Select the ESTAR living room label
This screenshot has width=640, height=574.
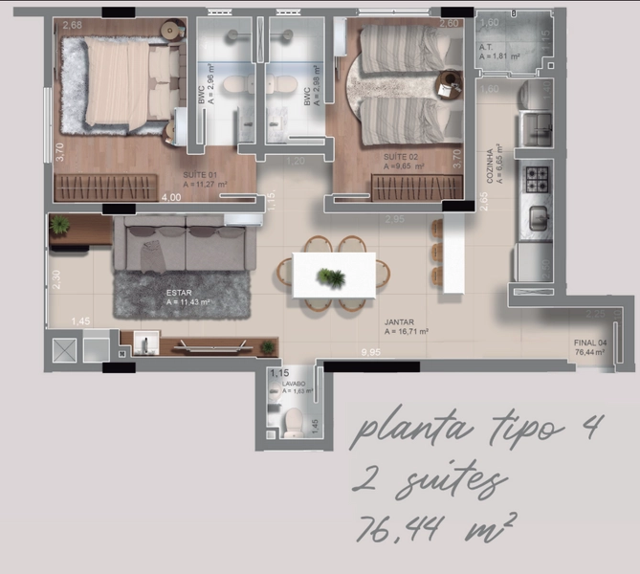tap(179, 293)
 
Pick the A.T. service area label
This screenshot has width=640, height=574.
tap(488, 49)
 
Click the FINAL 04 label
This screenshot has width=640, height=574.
tap(589, 342)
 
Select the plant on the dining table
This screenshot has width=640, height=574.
tap(331, 277)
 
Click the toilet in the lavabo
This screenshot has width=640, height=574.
tap(295, 419)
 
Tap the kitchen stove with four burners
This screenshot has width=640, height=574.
tap(536, 177)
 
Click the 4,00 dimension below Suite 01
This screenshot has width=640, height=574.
tap(170, 198)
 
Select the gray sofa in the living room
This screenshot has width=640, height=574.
tap(184, 245)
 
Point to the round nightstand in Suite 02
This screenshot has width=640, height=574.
tap(448, 84)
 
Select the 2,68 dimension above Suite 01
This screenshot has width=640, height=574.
tap(73, 26)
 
